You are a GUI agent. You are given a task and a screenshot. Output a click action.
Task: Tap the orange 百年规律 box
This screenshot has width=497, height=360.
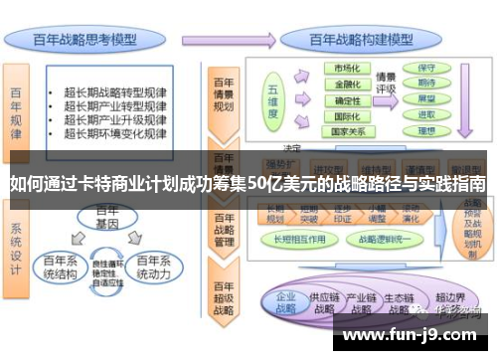click(17, 108)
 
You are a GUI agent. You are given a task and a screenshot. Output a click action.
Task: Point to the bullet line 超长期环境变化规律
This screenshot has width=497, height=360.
click(114, 132)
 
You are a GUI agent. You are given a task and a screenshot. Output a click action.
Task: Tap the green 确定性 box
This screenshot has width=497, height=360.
click(347, 99)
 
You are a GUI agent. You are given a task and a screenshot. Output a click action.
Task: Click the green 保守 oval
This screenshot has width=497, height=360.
click(426, 68)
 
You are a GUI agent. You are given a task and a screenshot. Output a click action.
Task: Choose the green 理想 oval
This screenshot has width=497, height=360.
click(426, 129)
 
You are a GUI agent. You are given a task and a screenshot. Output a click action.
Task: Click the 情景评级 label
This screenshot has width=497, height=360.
click(387, 83)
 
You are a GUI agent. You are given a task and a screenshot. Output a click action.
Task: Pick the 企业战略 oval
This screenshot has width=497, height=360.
click(286, 302)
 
